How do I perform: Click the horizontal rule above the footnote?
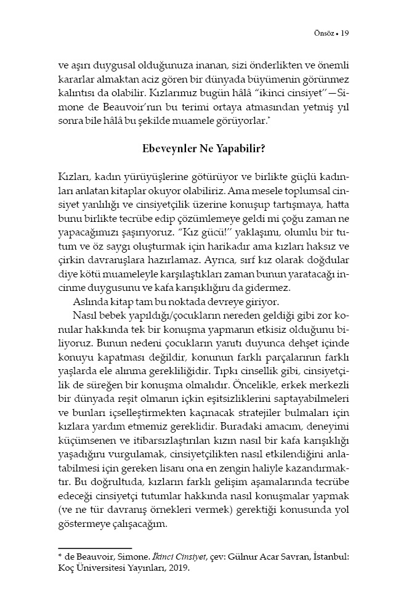[95, 548]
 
